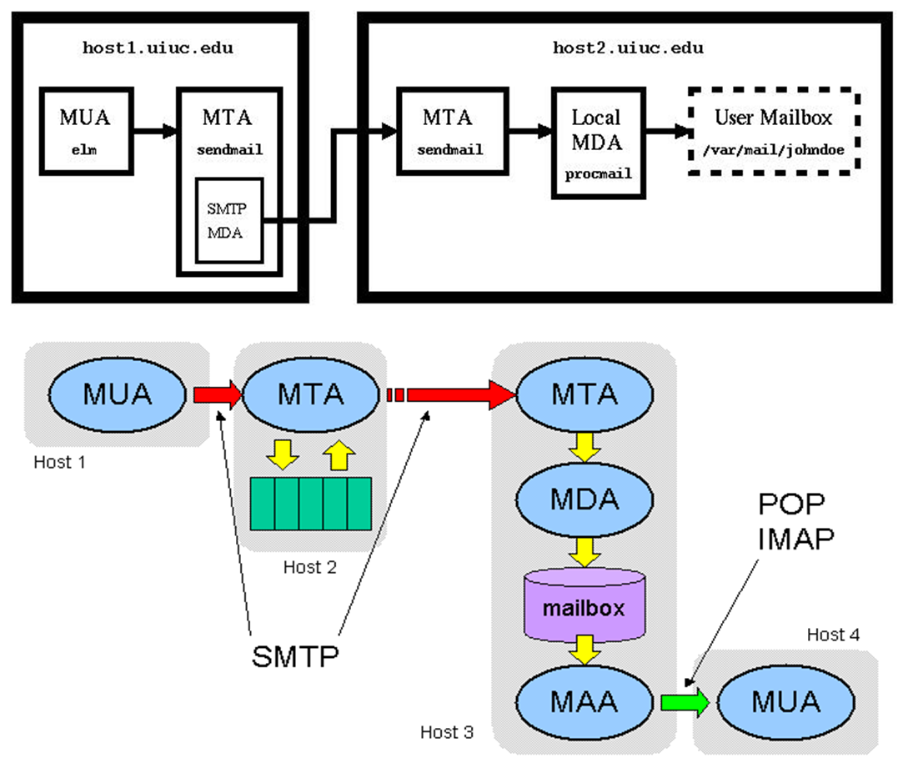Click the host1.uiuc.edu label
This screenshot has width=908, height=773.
click(158, 48)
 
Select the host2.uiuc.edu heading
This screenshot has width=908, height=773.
click(628, 48)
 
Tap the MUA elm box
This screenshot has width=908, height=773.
click(84, 131)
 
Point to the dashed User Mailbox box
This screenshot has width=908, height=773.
click(773, 131)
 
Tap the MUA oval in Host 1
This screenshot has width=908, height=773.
click(117, 394)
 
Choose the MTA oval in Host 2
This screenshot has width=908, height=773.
click(310, 394)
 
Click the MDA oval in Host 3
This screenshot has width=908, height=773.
click(584, 499)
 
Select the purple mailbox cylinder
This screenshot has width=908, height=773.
click(584, 605)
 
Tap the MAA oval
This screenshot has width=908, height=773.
click(584, 701)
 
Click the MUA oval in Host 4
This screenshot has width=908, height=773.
click(785, 701)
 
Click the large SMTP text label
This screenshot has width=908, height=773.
click(295, 657)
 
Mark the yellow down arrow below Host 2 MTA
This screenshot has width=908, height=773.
click(284, 454)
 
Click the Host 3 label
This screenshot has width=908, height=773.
click(447, 732)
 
